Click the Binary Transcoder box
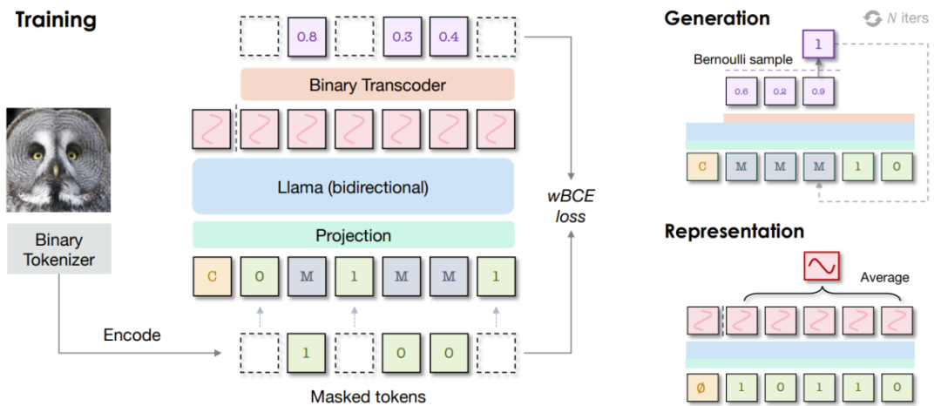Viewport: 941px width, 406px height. [x=377, y=85]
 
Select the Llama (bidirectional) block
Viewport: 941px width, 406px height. [x=353, y=186]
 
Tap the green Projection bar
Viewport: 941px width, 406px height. [x=353, y=235]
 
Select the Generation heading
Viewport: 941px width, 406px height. [x=716, y=18]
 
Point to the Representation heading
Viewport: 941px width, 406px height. [x=734, y=232]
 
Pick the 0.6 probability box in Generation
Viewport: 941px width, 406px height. [x=741, y=91]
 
